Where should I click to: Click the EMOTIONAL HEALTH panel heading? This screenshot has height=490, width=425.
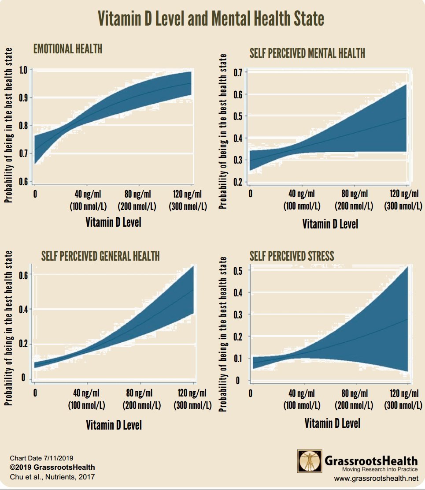pyautogui.click(x=68, y=49)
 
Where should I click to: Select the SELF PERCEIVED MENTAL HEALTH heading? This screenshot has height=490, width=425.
pyautogui.click(x=307, y=54)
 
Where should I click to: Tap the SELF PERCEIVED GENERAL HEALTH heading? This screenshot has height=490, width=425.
pyautogui.click(x=100, y=255)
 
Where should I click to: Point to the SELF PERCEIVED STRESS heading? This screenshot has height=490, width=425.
pyautogui.click(x=292, y=255)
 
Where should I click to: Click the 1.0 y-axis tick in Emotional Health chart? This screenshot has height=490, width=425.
pyautogui.click(x=23, y=70)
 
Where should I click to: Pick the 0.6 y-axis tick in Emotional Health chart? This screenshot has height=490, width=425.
pyautogui.click(x=23, y=181)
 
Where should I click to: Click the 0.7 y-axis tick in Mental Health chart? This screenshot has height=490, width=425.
pyautogui.click(x=238, y=72)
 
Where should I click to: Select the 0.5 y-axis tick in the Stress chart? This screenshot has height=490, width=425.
pyautogui.click(x=238, y=271)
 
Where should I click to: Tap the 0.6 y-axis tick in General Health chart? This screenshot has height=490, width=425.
pyautogui.click(x=23, y=275)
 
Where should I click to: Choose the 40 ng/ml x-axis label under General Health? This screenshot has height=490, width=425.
pyautogui.click(x=86, y=393)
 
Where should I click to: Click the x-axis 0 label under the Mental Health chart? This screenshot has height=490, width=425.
pyautogui.click(x=250, y=194)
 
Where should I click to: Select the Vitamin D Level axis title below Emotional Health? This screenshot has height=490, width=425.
pyautogui.click(x=113, y=222)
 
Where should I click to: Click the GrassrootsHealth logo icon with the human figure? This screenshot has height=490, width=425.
pyautogui.click(x=310, y=461)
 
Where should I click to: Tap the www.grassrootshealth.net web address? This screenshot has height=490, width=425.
pyautogui.click(x=376, y=478)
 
